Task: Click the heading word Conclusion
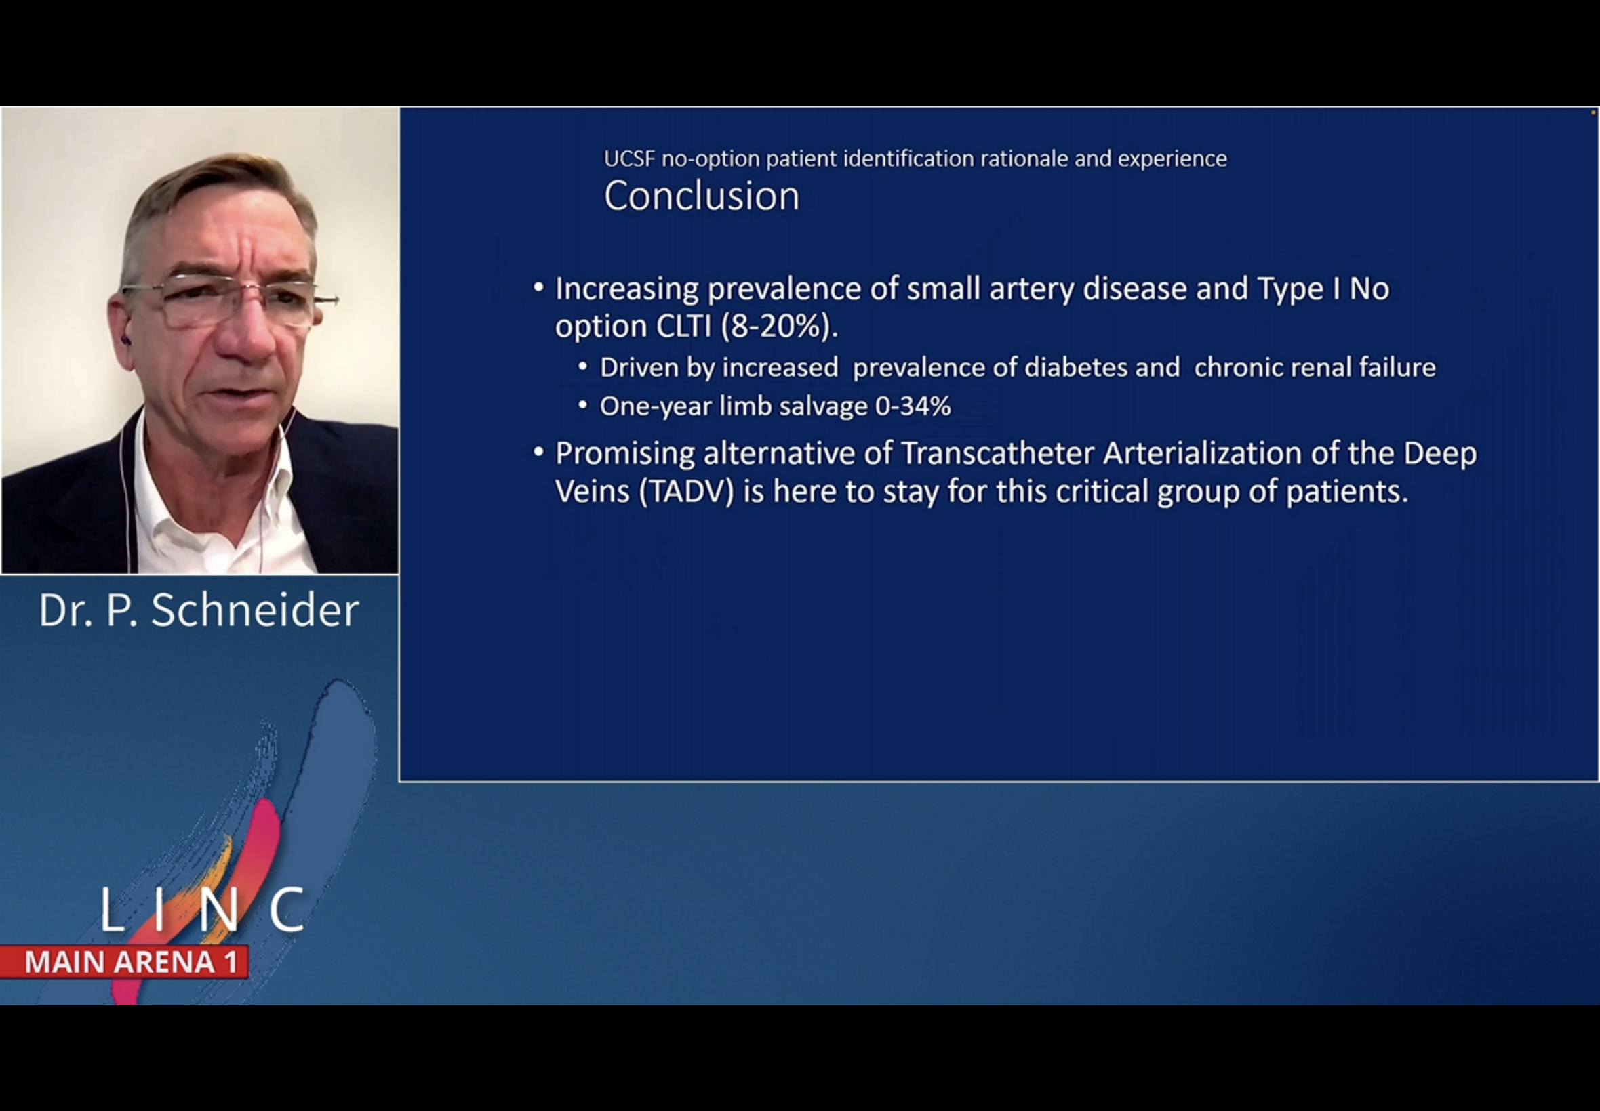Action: [702, 196]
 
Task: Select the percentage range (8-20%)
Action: [780, 327]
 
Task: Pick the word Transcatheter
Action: [997, 453]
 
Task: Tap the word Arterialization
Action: [1202, 453]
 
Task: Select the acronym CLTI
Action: [683, 327]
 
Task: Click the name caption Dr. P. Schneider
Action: [199, 610]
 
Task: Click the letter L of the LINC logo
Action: [112, 908]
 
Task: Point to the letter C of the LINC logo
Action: [287, 908]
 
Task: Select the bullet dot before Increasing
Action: [538, 287]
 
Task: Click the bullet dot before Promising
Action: [538, 453]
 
